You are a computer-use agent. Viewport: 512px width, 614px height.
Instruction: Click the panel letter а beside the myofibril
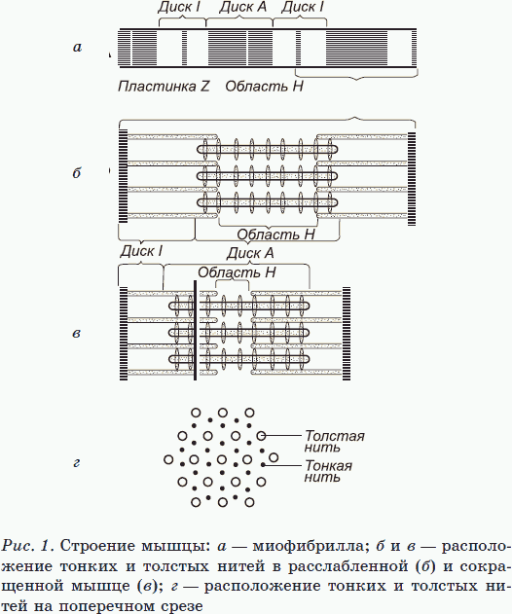point(77,48)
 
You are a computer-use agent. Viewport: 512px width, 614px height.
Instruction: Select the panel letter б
point(77,172)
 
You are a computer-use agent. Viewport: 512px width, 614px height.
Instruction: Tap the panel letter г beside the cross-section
point(77,463)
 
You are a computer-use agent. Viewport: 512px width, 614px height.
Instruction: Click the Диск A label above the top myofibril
point(242,7)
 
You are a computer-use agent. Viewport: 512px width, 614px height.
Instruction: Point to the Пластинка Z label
point(164,86)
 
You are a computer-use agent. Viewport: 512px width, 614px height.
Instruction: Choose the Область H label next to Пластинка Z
point(264,86)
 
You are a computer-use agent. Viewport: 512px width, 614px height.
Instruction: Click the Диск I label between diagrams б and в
point(141,251)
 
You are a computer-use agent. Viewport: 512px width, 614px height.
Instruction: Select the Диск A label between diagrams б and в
point(250,253)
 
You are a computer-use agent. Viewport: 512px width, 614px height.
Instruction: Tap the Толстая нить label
point(335,442)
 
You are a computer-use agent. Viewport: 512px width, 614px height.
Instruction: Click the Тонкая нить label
point(328,471)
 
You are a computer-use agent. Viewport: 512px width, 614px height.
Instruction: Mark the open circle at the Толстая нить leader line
point(261,435)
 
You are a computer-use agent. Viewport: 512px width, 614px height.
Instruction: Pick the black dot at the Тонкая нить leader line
point(263,465)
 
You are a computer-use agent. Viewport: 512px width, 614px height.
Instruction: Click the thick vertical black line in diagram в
point(195,330)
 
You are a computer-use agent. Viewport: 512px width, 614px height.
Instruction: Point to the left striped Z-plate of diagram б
point(123,176)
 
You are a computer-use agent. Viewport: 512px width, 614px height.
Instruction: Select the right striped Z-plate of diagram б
point(412,179)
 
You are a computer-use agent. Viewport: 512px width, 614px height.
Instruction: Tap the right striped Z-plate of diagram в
point(347,334)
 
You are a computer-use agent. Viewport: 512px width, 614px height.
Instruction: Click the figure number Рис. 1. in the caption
point(27,546)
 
